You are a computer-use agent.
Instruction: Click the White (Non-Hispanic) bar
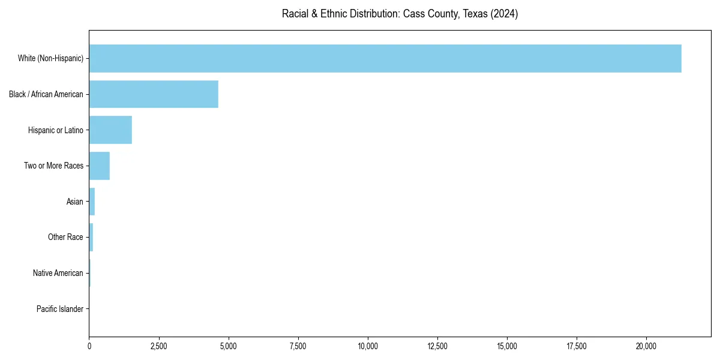(385, 58)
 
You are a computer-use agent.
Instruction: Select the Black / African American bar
(154, 94)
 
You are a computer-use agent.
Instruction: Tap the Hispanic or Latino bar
(110, 130)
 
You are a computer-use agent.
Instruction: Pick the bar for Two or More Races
(100, 166)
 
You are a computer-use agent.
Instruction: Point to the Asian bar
(92, 202)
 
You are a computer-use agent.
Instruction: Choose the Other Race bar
(91, 237)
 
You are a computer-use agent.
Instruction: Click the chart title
(400, 14)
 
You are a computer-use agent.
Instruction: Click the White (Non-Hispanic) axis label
(50, 58)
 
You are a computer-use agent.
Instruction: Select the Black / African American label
(46, 94)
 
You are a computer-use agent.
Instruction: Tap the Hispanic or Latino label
(56, 130)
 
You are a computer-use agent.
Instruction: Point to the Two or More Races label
(53, 166)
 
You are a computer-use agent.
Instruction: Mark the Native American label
(58, 273)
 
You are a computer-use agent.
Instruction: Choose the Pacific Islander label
(60, 309)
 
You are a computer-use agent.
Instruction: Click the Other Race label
(65, 237)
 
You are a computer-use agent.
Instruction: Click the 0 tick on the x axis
(89, 346)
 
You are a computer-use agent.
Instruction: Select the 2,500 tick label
(159, 346)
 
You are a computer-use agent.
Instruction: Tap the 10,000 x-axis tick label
(368, 346)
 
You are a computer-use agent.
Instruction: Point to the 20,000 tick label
(646, 346)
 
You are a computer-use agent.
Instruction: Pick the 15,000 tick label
(507, 346)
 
